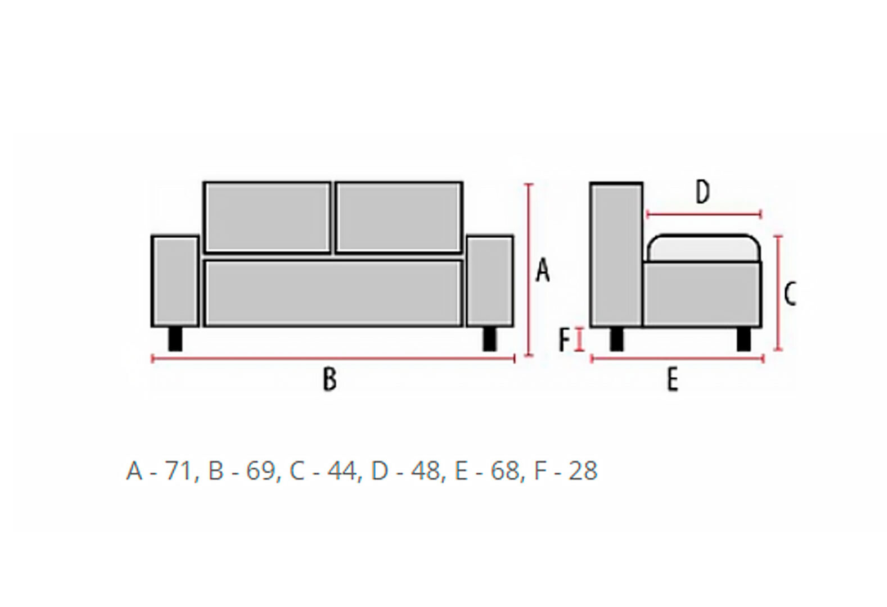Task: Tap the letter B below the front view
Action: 330,379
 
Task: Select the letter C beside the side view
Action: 790,294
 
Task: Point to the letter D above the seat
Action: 703,192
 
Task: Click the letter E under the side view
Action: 672,379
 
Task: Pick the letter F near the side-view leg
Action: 564,340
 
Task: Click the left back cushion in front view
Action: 267,218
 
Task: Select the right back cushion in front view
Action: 399,218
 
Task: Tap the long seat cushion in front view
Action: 334,293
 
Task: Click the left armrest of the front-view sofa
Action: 175,282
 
